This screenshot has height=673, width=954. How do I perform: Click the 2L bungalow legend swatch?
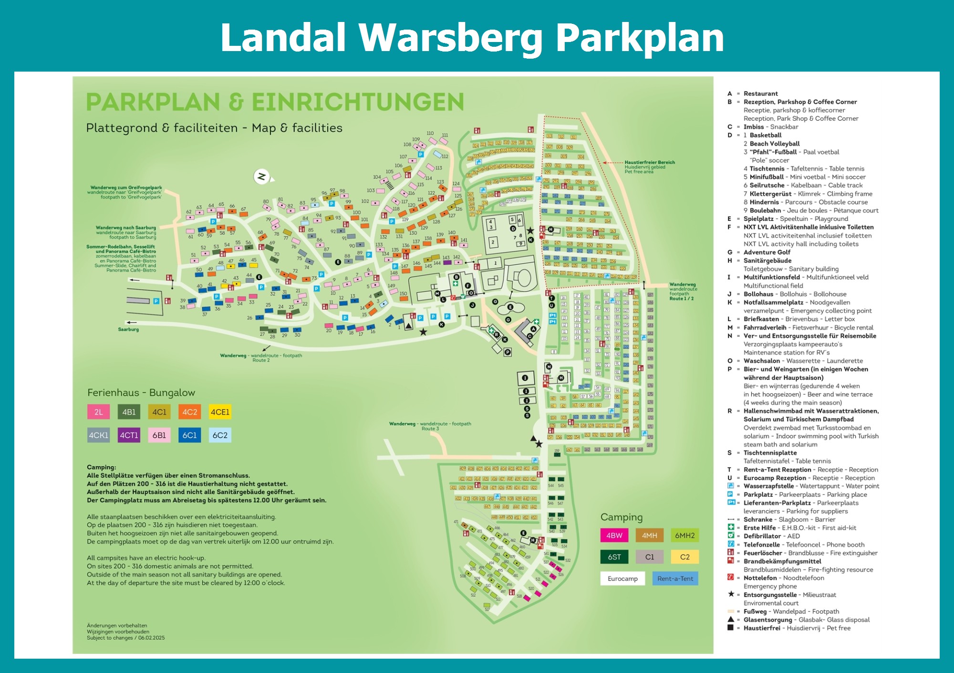coord(98,412)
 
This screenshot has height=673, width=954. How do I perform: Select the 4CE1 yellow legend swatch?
coord(220,412)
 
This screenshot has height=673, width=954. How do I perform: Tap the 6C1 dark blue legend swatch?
coord(189,435)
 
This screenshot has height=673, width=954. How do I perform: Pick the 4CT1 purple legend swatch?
coord(129,435)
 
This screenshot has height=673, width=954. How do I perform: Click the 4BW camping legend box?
coord(614,535)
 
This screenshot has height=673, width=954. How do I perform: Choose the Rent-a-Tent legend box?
coord(675,578)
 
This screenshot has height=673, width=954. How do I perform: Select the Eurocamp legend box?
coord(622,578)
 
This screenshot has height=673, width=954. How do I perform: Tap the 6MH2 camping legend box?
coord(684,535)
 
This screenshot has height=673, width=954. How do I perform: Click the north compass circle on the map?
coord(261,177)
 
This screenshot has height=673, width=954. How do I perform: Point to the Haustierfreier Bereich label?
coord(650,162)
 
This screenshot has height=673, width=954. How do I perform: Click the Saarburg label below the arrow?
coord(128,329)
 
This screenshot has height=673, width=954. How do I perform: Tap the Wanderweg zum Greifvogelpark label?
coord(126,188)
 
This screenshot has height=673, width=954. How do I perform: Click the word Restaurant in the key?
coord(760,94)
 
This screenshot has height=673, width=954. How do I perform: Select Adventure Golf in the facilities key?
coord(767,252)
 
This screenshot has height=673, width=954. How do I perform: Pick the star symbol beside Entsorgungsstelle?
coord(730,594)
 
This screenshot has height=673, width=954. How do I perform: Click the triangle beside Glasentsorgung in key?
coord(730,620)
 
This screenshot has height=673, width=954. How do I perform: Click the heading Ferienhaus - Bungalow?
coord(141,392)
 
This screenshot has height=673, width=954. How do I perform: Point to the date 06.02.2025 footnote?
coord(151,638)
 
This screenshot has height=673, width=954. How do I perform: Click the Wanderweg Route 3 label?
coord(430,426)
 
